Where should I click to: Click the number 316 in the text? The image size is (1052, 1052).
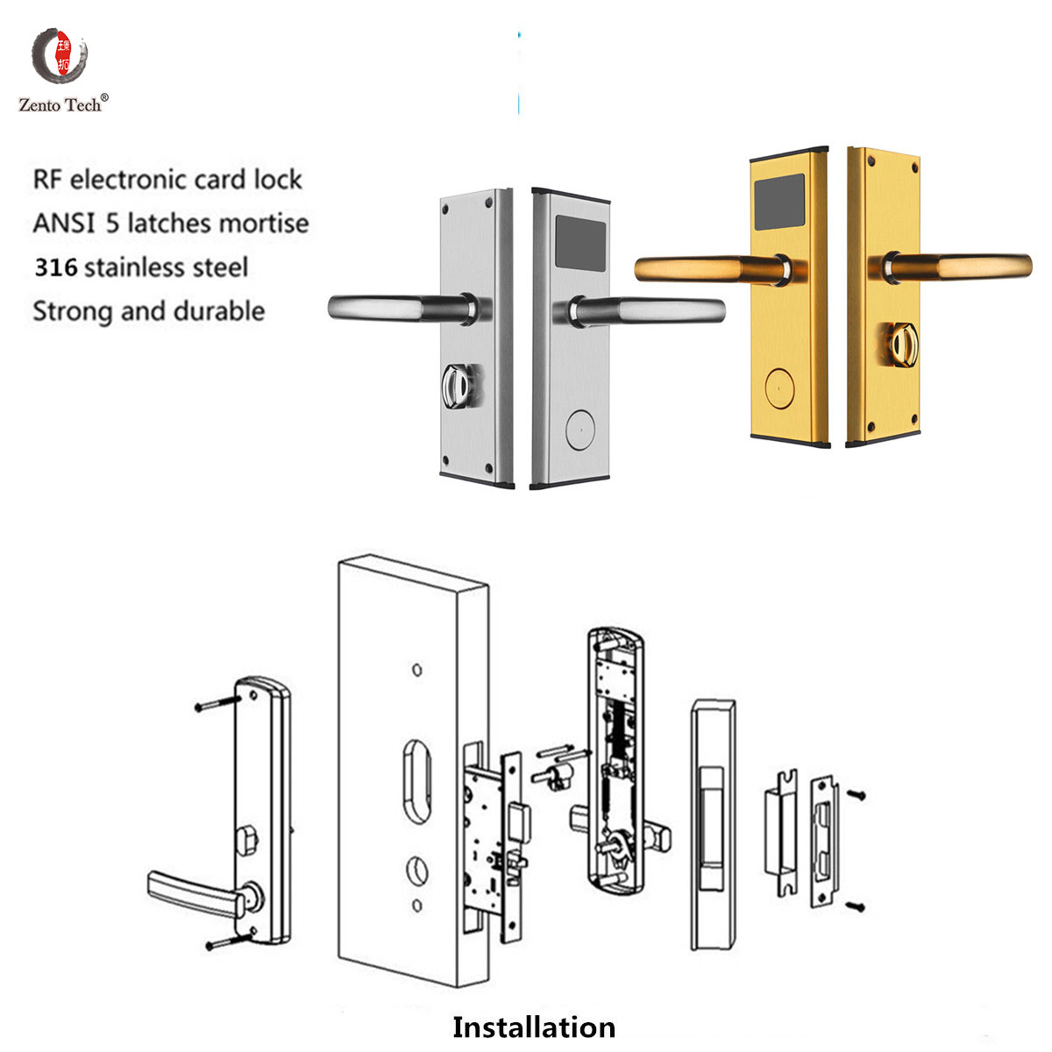click(x=55, y=267)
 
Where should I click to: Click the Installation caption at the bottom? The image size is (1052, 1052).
click(x=533, y=1027)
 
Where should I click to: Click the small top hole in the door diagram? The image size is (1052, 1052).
click(x=417, y=670)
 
